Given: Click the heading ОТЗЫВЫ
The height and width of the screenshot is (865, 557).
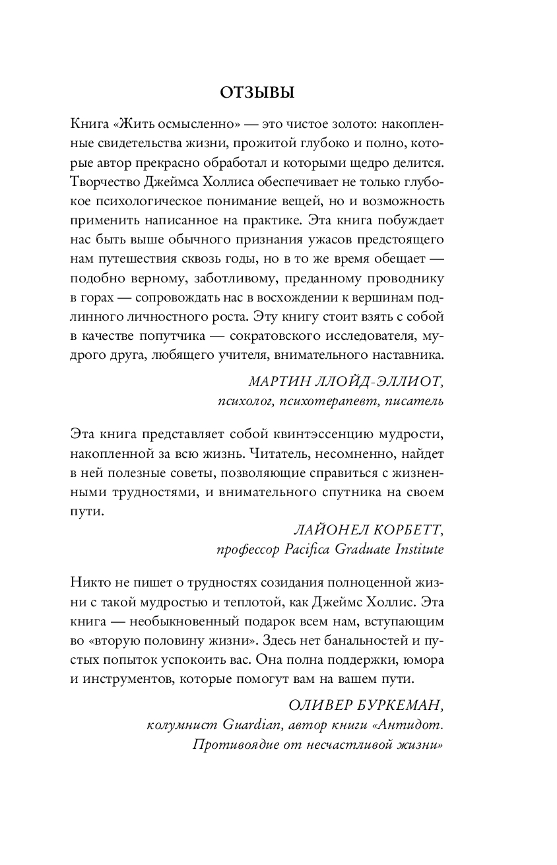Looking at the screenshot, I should coord(257,93).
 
